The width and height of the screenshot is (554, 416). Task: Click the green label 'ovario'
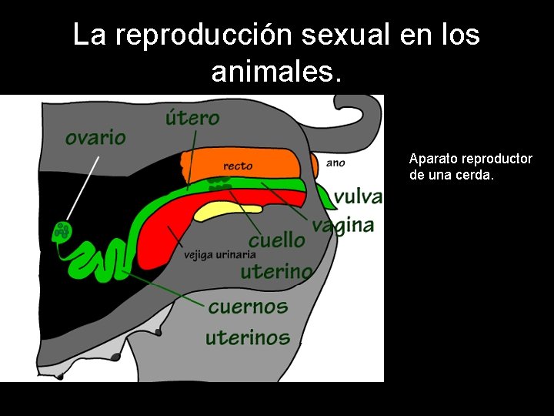point(95,137)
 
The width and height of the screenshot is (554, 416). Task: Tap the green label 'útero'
point(192,118)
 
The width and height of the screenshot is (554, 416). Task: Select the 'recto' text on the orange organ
point(238,166)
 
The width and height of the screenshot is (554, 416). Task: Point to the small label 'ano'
point(335,163)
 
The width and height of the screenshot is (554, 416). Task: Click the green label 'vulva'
point(358,196)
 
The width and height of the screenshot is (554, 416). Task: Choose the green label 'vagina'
point(343,225)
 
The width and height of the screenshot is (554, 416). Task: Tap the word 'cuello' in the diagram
point(276,240)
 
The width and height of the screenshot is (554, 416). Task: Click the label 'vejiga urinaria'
point(219,255)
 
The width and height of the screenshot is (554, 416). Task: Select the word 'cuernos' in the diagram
point(248,307)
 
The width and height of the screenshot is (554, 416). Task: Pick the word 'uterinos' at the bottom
point(247,337)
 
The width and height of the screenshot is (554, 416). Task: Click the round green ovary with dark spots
point(61,230)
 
